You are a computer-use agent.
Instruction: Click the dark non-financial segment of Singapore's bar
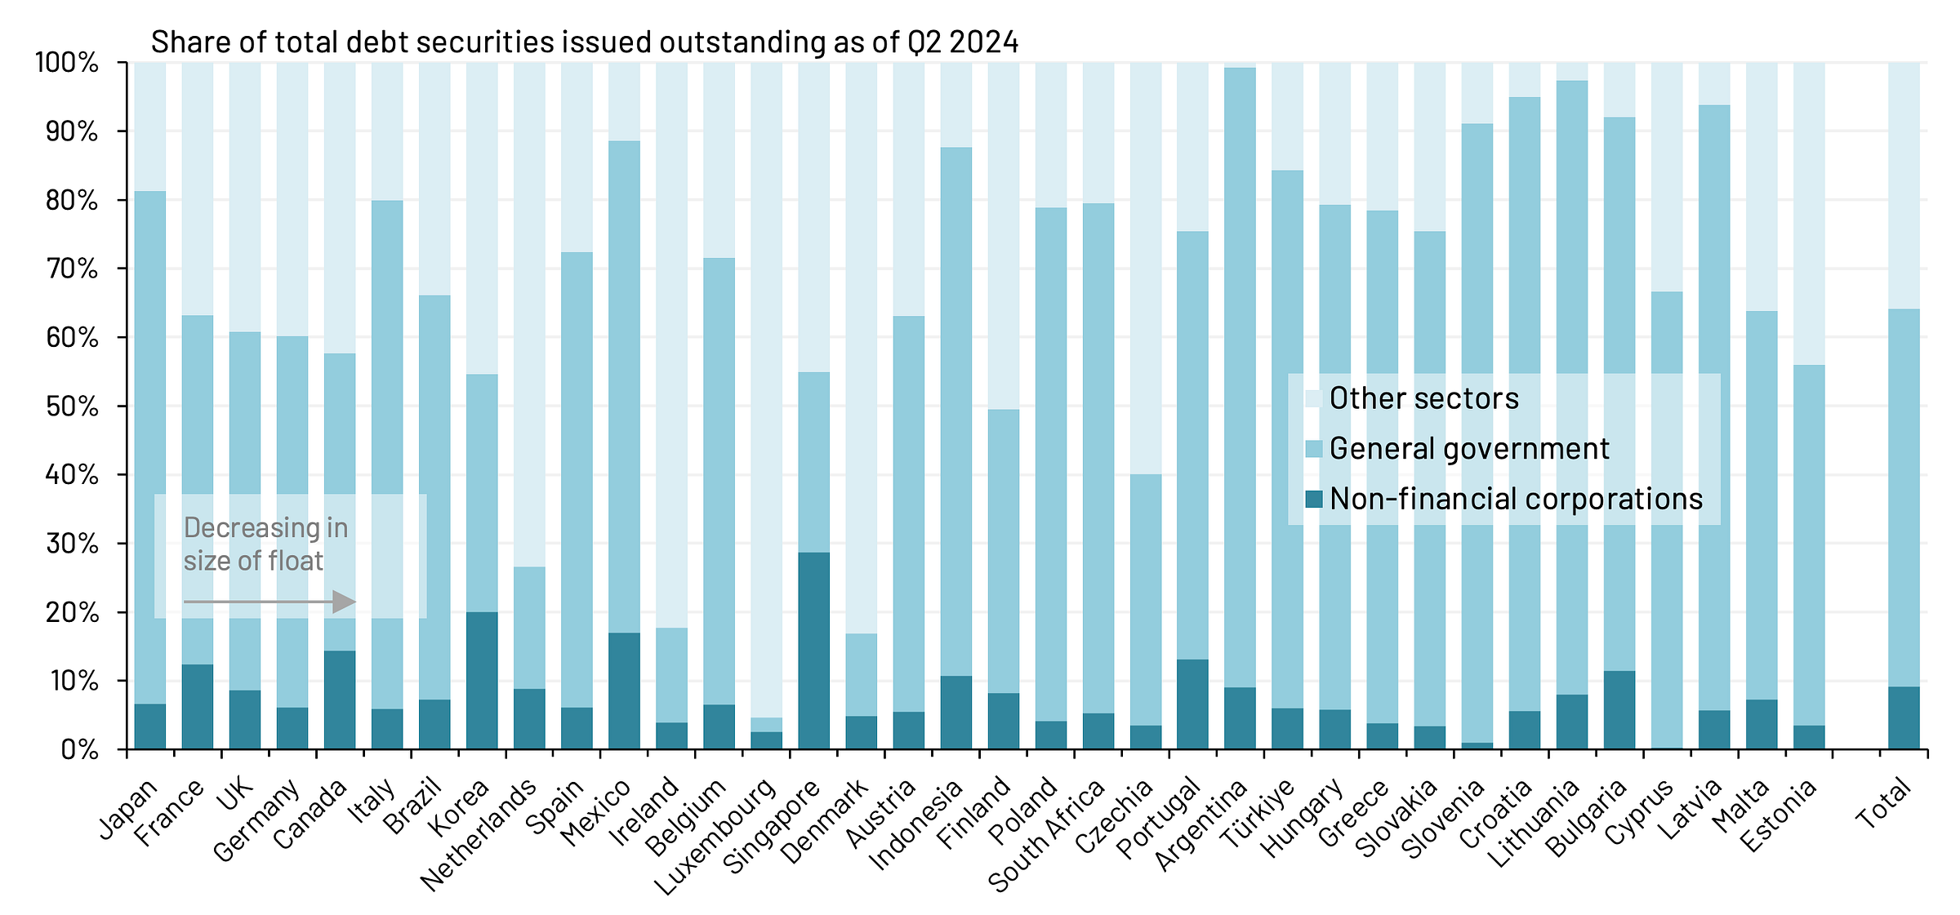click(813, 651)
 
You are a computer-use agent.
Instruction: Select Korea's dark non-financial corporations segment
click(482, 680)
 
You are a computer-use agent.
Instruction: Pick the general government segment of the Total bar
click(1904, 498)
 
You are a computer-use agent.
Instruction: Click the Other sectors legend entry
click(1423, 398)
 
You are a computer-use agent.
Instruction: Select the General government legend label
click(1468, 449)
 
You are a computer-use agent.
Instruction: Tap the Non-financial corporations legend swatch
click(1313, 499)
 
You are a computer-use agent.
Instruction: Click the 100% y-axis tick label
click(67, 62)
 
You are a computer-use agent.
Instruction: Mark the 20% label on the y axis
click(72, 613)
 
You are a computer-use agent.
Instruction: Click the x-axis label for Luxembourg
click(717, 837)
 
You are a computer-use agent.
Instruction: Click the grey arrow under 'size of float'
click(269, 602)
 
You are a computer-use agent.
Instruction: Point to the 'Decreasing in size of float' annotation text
click(265, 544)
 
